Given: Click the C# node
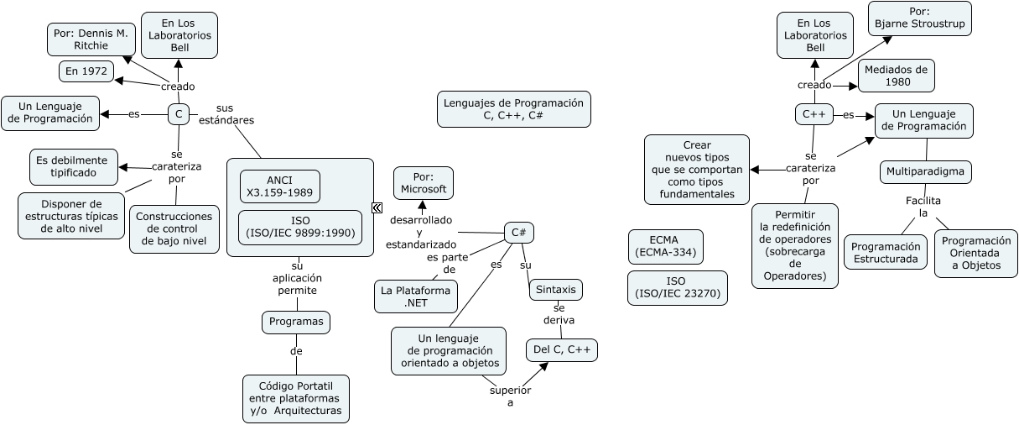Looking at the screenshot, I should click(x=519, y=233).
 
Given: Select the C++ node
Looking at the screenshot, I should click(x=814, y=114).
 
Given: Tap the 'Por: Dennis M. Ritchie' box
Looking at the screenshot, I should click(x=91, y=39).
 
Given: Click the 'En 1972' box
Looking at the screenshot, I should click(x=86, y=71).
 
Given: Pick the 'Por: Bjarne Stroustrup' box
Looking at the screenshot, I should click(x=919, y=18).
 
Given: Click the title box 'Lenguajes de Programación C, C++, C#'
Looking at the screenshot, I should click(x=514, y=109).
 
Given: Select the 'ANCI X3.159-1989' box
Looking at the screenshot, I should click(x=279, y=186).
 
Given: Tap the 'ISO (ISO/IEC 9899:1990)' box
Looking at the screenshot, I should click(x=300, y=227).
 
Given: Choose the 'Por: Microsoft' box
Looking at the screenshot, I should click(x=423, y=183).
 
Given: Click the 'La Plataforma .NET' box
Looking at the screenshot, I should click(x=416, y=296).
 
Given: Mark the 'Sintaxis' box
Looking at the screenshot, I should click(x=555, y=290).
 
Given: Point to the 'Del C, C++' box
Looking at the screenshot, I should click(x=561, y=349).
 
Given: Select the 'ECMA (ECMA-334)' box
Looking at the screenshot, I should click(x=665, y=246).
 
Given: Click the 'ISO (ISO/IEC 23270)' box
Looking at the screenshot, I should click(x=678, y=287).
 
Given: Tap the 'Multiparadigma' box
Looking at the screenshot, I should click(x=926, y=172).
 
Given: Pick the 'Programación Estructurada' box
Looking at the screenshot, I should click(x=886, y=254).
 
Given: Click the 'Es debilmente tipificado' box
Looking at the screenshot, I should click(x=73, y=167).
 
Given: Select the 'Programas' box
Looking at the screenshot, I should click(x=295, y=322).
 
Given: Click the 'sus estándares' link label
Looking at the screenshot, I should click(x=226, y=114).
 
